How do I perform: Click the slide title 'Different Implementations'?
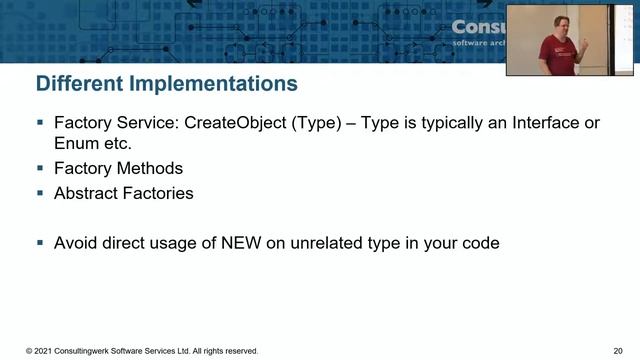pos(167,83)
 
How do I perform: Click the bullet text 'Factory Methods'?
pos(119,169)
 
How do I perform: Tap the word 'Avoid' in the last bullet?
pos(77,243)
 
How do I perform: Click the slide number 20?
pos(617,352)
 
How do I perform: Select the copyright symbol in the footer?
pos(29,352)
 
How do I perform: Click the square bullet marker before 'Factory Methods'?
pos(40,169)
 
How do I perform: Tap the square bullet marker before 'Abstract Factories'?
pos(40,194)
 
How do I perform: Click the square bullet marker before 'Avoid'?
pos(40,243)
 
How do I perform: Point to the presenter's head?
pos(562,20)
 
